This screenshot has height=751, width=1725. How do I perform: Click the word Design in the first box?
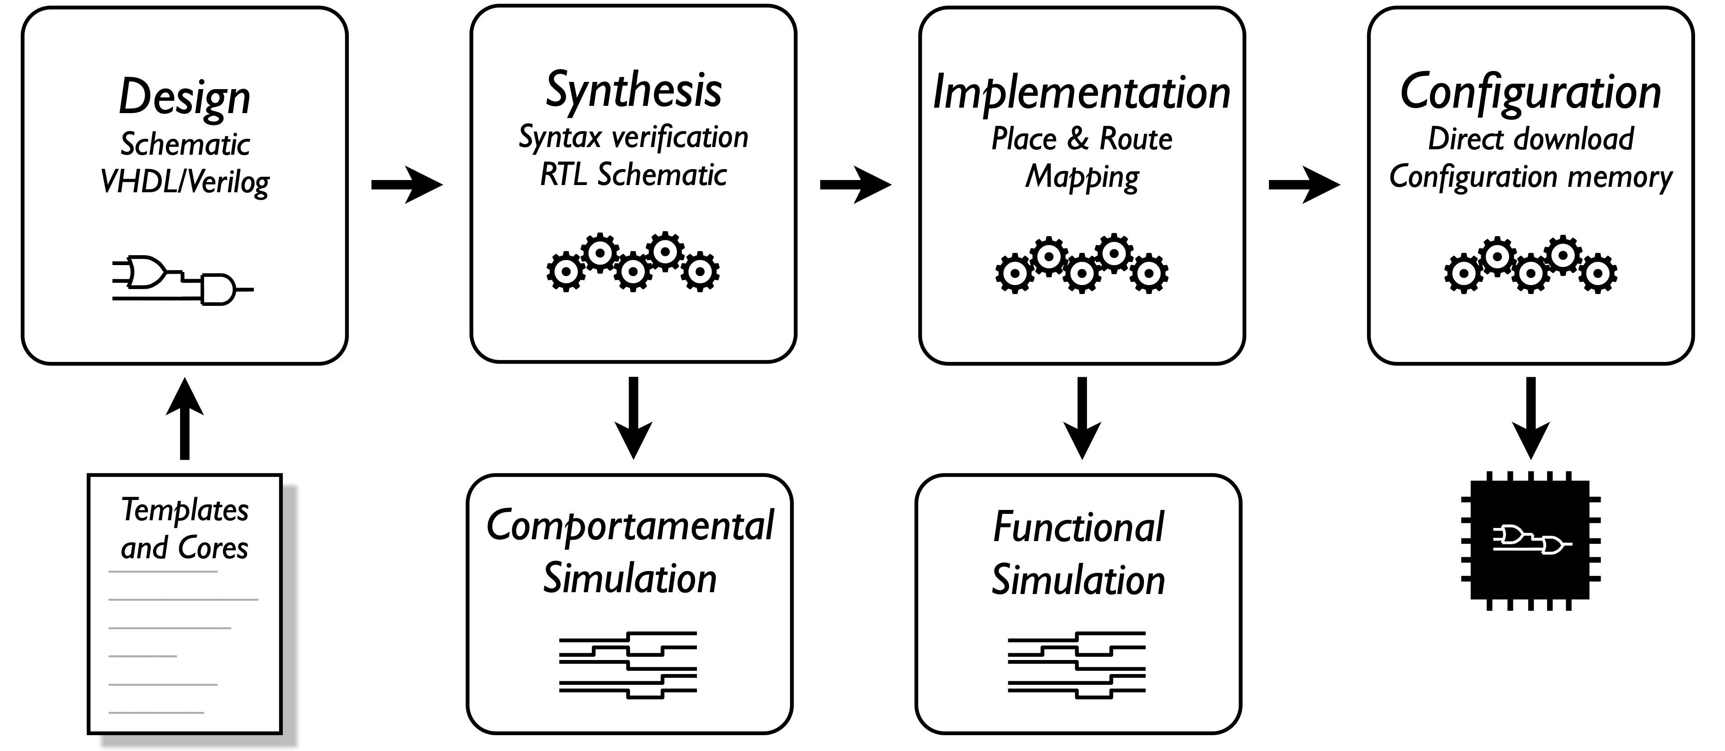(x=185, y=98)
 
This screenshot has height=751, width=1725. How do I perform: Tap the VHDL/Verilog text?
(x=185, y=182)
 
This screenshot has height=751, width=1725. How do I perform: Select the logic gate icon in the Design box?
(x=182, y=280)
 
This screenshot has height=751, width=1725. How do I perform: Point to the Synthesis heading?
(x=634, y=91)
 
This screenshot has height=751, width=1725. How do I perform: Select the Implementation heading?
(x=1082, y=92)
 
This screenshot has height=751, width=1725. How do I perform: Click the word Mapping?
(x=1082, y=177)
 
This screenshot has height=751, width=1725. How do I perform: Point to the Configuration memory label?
(x=1531, y=177)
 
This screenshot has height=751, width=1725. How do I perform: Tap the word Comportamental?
(x=629, y=526)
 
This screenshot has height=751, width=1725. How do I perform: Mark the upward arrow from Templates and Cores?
(x=185, y=419)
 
